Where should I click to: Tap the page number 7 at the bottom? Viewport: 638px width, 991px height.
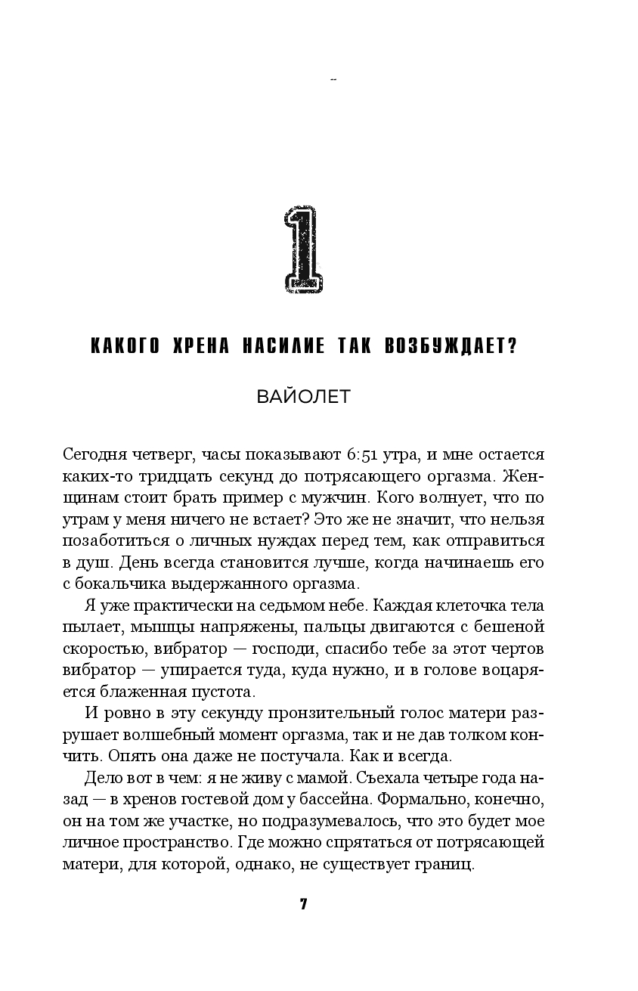click(x=303, y=906)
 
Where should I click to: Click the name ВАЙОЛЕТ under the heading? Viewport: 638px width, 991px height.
click(x=303, y=396)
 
